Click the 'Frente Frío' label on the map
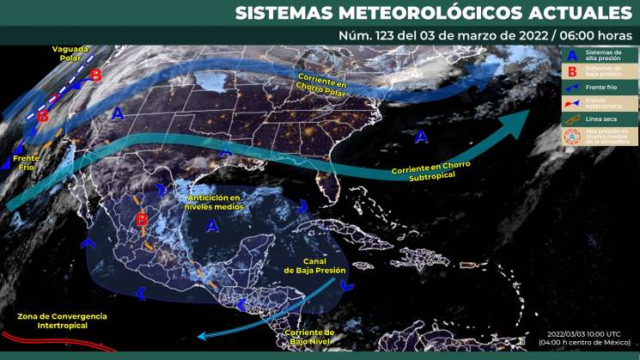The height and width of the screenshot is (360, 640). pyautogui.click(x=27, y=162)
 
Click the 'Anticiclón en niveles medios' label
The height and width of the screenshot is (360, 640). pyautogui.click(x=215, y=203)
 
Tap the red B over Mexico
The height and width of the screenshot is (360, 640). pyautogui.click(x=142, y=223)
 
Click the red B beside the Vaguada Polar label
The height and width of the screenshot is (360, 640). pyautogui.click(x=95, y=76)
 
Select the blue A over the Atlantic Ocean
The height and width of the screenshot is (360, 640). pyautogui.click(x=421, y=136)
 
